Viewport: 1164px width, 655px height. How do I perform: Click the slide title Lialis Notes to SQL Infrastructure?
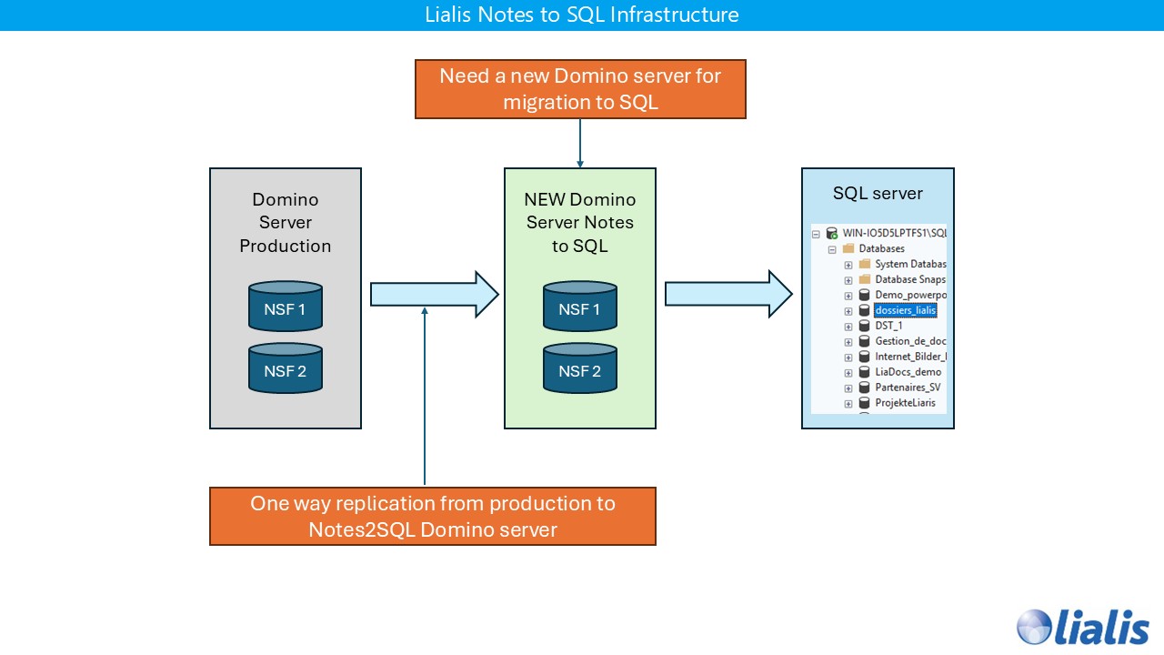(x=581, y=15)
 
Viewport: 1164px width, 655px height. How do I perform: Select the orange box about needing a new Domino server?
(x=580, y=89)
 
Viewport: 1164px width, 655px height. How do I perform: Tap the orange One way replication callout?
(x=433, y=516)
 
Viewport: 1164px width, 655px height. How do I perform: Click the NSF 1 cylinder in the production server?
(x=286, y=307)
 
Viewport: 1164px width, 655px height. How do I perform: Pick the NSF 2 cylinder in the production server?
(x=286, y=369)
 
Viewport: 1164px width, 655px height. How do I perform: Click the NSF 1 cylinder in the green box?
(x=580, y=307)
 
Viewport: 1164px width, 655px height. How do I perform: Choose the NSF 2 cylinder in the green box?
(x=580, y=369)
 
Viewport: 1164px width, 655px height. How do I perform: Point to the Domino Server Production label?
(x=286, y=222)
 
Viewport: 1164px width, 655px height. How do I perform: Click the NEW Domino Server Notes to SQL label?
(x=580, y=222)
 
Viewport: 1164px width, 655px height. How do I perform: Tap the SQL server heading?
(x=878, y=194)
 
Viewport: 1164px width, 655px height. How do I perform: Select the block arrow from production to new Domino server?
(x=434, y=294)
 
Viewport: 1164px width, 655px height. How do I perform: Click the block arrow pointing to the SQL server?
(x=728, y=294)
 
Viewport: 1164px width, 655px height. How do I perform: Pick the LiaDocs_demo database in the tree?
(x=907, y=372)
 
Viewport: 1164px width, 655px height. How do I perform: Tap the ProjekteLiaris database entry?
(x=904, y=403)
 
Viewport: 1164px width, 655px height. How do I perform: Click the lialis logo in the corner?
(x=1082, y=627)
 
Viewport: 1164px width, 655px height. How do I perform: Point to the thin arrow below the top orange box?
(x=580, y=143)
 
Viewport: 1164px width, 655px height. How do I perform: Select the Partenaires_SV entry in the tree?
(x=907, y=388)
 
